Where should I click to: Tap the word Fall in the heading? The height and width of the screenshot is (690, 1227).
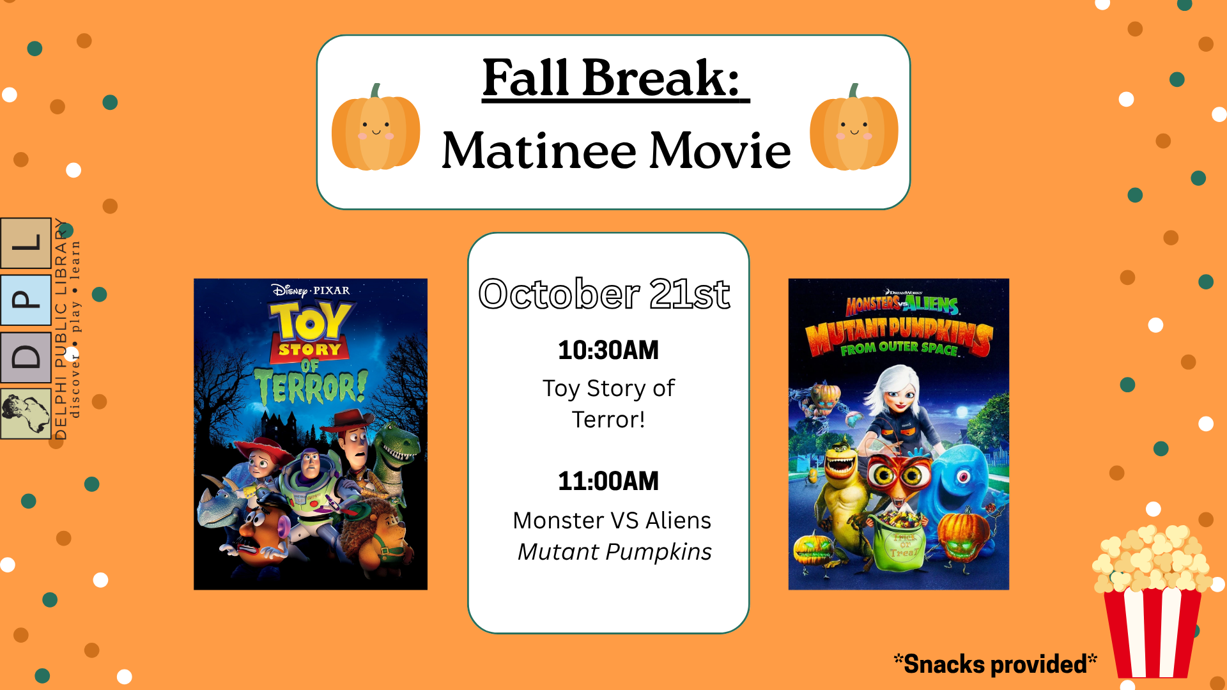click(x=525, y=78)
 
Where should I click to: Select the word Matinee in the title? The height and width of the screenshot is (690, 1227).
click(x=539, y=150)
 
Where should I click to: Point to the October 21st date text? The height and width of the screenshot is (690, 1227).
click(x=605, y=294)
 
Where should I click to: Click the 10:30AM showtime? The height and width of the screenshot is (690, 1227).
click(x=608, y=350)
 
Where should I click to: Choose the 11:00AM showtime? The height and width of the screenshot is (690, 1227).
click(x=608, y=481)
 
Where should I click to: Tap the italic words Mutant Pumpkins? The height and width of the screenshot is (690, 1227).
click(x=614, y=552)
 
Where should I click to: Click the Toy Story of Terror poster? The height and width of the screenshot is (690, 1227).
click(x=311, y=434)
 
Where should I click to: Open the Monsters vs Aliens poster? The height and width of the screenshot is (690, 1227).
click(x=899, y=434)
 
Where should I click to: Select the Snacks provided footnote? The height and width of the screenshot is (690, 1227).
click(x=995, y=664)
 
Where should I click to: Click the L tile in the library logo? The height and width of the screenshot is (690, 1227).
click(x=26, y=243)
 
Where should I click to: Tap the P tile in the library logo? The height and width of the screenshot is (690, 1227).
click(x=26, y=300)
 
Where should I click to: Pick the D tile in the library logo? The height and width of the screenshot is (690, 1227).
click(x=26, y=357)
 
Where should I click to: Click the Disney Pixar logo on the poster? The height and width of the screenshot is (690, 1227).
click(x=311, y=291)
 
